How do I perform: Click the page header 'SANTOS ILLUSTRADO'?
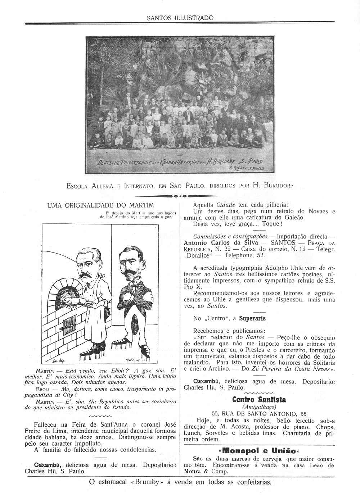tap(180, 18)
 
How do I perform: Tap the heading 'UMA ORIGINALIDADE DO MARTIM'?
tap(100, 205)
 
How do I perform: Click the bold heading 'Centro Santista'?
tap(259, 400)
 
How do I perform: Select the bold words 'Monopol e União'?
tap(259, 451)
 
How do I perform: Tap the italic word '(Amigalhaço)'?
tap(259, 407)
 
